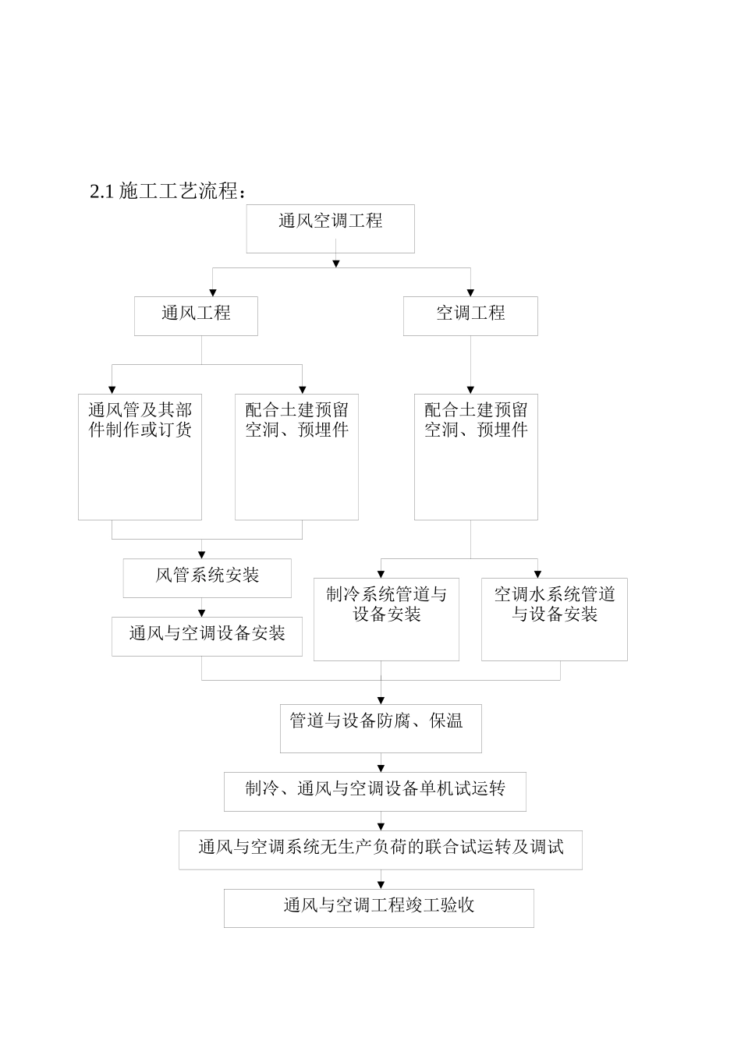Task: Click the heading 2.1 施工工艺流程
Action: (x=168, y=191)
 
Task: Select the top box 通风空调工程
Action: (x=330, y=221)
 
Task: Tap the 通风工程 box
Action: (x=196, y=313)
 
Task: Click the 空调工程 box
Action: (x=470, y=313)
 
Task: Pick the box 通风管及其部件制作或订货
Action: (x=140, y=420)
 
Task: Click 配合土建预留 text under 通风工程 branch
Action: (x=296, y=410)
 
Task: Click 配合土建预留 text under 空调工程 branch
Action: (x=476, y=410)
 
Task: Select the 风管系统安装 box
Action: (x=207, y=576)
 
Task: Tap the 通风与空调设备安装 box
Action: (x=207, y=634)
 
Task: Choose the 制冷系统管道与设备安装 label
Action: (x=386, y=604)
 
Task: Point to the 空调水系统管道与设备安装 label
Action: (x=554, y=604)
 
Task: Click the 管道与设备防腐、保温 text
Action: (x=377, y=721)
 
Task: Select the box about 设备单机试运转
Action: (x=375, y=789)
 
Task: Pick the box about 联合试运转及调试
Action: (x=380, y=848)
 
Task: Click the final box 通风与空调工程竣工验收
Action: (x=379, y=906)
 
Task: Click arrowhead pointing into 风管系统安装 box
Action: (x=202, y=554)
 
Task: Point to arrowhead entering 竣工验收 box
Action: (x=381, y=884)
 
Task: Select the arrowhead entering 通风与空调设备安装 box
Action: (x=202, y=613)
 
